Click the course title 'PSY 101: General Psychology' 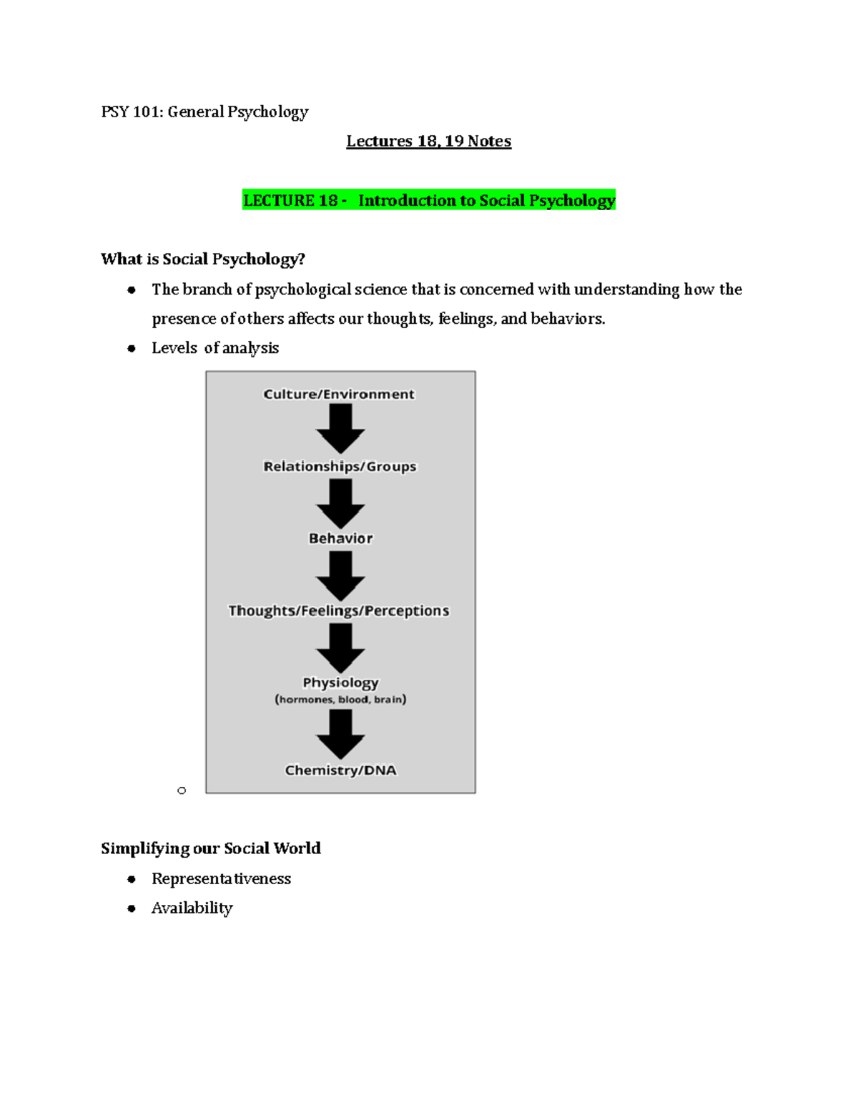[x=204, y=112]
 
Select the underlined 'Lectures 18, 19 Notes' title [x=428, y=142]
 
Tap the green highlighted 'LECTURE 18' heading [x=428, y=201]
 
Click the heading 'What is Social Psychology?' [x=203, y=259]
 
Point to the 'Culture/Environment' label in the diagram [x=339, y=395]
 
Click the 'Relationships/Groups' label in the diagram [x=340, y=467]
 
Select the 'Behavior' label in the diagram [x=340, y=539]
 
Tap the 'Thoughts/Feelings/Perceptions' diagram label [x=339, y=611]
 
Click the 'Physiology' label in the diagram [x=340, y=683]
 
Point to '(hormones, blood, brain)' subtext [x=340, y=700]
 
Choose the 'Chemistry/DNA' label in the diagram [x=340, y=770]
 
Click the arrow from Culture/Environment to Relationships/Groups [x=340, y=428]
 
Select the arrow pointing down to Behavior [x=340, y=503]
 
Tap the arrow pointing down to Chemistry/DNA [x=340, y=734]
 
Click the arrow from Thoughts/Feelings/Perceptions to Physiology [x=340, y=648]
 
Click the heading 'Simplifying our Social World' [x=211, y=848]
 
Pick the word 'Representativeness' [x=221, y=879]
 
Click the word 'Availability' [x=192, y=908]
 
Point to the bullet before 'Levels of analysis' [x=132, y=349]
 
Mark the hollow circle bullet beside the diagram [x=182, y=791]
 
